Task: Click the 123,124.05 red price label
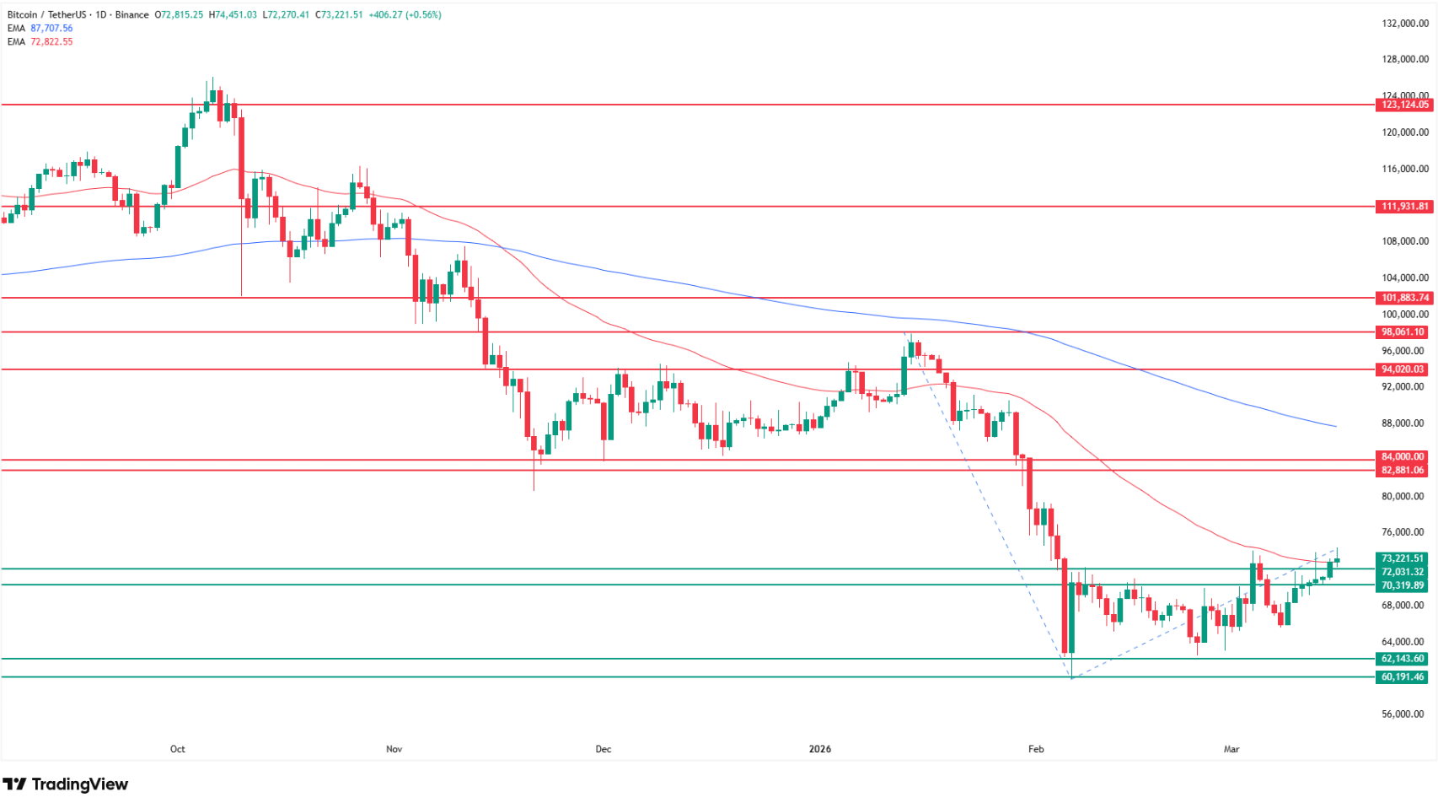click(1404, 105)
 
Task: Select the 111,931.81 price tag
click(1404, 207)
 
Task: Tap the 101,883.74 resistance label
click(1404, 298)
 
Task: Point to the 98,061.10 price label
click(1404, 332)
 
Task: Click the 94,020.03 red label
click(1404, 369)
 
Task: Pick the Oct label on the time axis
click(177, 749)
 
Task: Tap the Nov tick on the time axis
click(394, 749)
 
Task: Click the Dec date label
click(604, 749)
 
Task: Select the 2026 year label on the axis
click(819, 749)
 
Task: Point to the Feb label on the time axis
click(1036, 749)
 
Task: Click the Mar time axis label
click(1231, 749)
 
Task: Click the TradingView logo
click(66, 784)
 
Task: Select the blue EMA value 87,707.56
click(51, 29)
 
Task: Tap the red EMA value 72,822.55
click(51, 42)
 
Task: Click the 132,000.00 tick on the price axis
click(1405, 24)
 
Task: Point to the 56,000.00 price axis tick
click(1405, 714)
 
